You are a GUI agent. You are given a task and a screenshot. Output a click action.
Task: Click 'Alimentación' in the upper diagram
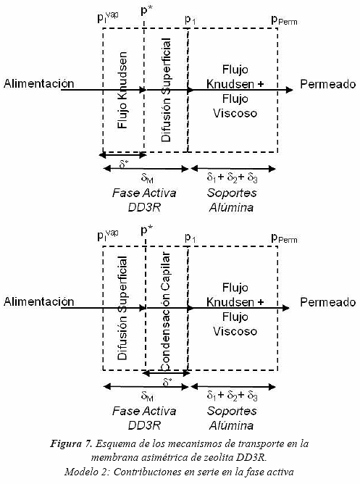39,83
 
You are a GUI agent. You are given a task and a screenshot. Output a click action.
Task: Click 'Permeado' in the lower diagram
328,302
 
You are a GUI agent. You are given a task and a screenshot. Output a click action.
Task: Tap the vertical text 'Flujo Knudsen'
122,90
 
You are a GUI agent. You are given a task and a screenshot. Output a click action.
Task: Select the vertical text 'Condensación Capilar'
166,311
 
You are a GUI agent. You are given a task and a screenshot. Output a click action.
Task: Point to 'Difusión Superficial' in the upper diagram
167,90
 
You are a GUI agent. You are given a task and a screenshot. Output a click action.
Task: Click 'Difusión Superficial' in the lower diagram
122,308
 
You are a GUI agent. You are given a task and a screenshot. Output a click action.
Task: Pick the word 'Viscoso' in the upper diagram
235,113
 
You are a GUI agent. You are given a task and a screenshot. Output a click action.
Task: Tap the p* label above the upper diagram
146,11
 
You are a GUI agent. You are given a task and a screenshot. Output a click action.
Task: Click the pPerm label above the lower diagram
284,238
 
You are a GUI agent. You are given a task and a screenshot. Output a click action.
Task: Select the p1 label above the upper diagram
191,20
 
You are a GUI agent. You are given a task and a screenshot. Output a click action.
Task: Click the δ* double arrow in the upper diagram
122,155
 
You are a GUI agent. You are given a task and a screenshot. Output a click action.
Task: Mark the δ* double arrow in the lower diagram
167,373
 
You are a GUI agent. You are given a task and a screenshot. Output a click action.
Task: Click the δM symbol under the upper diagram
147,178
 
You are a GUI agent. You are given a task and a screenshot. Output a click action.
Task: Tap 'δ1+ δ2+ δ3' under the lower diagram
232,396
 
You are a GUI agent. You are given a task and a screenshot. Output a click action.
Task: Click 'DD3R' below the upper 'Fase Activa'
144,207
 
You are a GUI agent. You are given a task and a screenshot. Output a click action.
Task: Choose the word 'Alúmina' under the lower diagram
231,425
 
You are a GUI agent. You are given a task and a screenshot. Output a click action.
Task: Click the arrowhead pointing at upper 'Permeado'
289,90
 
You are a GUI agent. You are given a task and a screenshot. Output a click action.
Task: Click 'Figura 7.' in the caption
71,444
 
